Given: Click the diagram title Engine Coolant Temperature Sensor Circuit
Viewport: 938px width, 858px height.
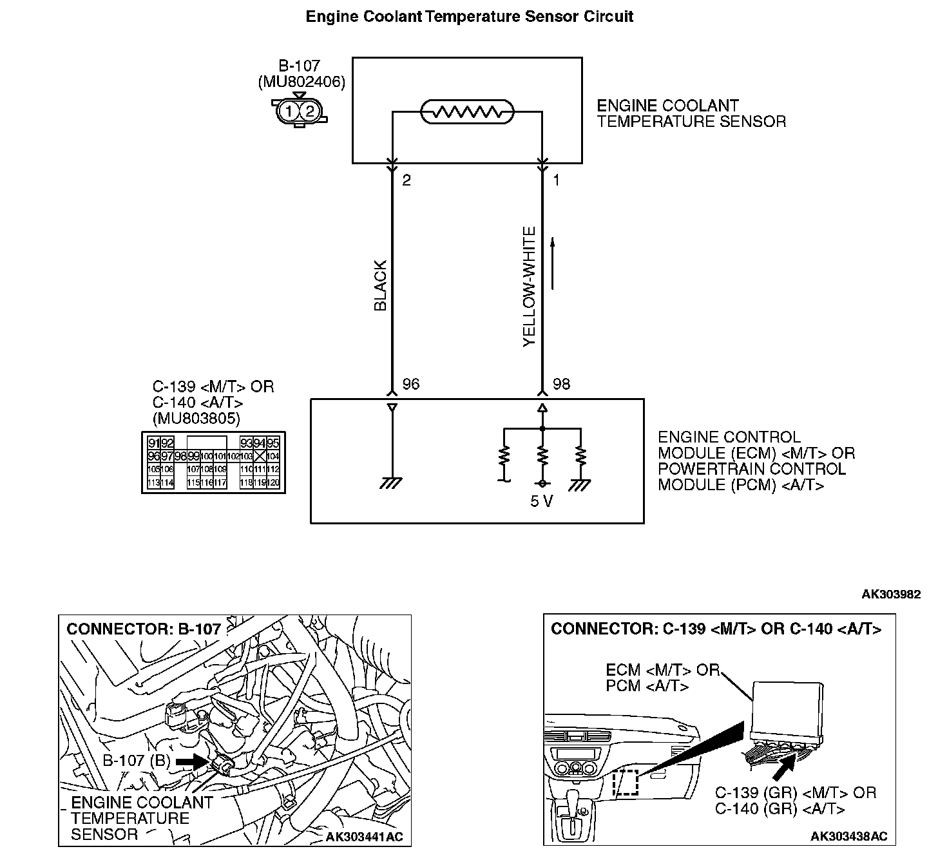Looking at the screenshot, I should (469, 17).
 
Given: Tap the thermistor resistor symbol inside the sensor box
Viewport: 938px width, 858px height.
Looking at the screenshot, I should (467, 112).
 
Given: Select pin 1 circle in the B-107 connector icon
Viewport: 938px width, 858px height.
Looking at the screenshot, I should (289, 111).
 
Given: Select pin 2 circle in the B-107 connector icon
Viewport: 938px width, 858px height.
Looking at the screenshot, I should (310, 111).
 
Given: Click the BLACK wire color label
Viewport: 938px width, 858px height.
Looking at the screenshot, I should (380, 285).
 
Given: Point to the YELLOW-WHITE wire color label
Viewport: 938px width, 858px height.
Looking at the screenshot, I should (530, 287).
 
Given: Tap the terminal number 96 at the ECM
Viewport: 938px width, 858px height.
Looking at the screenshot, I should (410, 385).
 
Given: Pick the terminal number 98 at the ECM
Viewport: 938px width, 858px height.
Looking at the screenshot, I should (561, 385).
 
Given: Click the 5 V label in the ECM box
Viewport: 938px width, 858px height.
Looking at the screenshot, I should (541, 501).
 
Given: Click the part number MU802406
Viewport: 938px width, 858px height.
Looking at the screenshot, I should (301, 82).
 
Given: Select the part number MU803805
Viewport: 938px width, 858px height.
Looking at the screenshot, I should (196, 419).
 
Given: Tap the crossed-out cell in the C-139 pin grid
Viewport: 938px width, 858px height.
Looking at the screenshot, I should (260, 456).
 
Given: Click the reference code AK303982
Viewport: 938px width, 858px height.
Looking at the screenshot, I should (891, 595).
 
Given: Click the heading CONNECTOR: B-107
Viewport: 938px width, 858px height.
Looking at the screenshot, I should (144, 629).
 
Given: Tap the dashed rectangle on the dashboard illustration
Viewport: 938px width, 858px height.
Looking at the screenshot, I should (625, 783).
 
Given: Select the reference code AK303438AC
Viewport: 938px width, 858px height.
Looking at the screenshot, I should (848, 836).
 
